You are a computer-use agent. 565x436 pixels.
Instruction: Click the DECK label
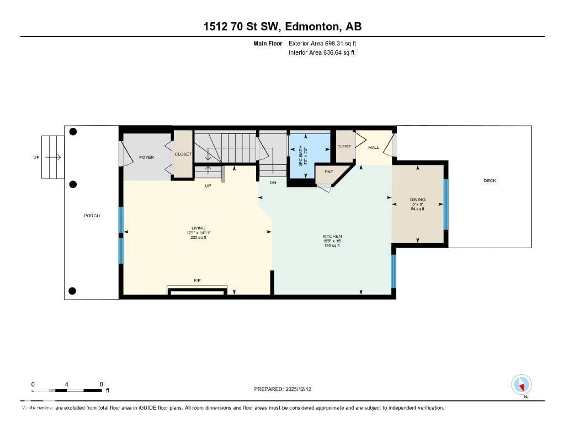[490, 180]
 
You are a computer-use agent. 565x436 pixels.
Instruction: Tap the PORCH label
[92, 216]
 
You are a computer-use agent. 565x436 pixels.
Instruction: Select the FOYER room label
[146, 157]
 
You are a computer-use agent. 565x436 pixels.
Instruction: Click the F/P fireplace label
[197, 280]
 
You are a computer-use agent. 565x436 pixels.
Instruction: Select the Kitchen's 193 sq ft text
[332, 245]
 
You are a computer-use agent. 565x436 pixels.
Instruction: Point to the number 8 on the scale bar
[101, 384]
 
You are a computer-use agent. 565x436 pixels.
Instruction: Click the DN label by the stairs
[273, 182]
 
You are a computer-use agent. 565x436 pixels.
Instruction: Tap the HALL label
[374, 147]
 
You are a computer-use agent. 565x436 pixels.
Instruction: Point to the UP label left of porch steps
[36, 157]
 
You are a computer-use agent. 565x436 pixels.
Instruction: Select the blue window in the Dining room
[446, 204]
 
